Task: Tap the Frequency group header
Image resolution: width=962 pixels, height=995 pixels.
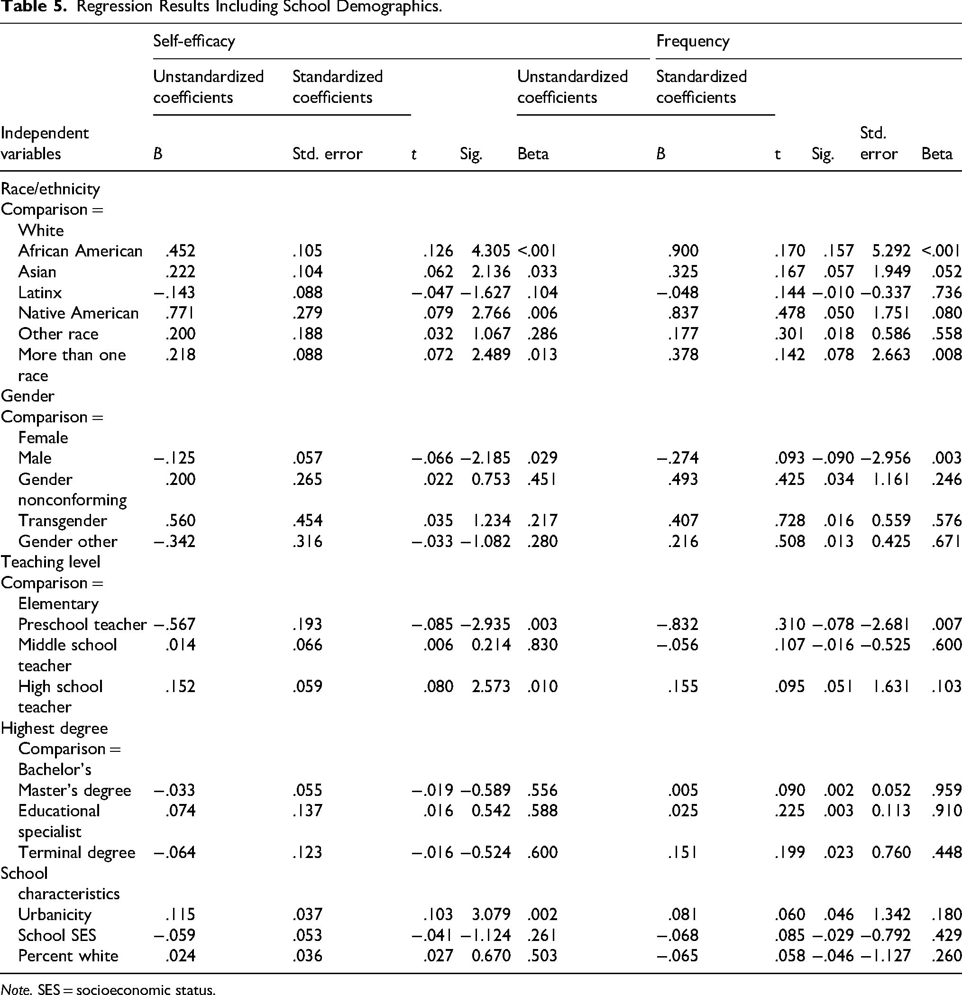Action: [x=692, y=41]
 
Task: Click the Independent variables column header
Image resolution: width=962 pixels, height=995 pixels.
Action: [x=45, y=143]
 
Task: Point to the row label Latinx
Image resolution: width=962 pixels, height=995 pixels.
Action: [x=40, y=292]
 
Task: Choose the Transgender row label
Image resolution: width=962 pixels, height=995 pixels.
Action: [x=63, y=521]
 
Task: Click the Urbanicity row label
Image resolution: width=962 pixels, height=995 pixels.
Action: [x=55, y=914]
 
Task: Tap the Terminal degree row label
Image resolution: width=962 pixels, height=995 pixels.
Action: [x=77, y=852]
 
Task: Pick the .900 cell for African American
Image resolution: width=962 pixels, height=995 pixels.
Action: [x=683, y=251]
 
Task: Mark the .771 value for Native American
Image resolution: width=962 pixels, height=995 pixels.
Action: [x=180, y=313]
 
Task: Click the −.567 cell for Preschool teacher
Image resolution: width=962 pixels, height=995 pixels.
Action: [x=174, y=624]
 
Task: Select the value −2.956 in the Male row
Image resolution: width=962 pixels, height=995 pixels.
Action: [x=885, y=458]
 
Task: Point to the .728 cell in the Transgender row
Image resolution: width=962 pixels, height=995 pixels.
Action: [x=790, y=520]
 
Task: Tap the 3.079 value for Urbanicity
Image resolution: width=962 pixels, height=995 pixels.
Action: [x=490, y=914]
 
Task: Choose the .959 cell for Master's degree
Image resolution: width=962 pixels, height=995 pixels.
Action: [x=946, y=790]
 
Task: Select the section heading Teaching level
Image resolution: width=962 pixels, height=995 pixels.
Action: [x=51, y=562]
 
